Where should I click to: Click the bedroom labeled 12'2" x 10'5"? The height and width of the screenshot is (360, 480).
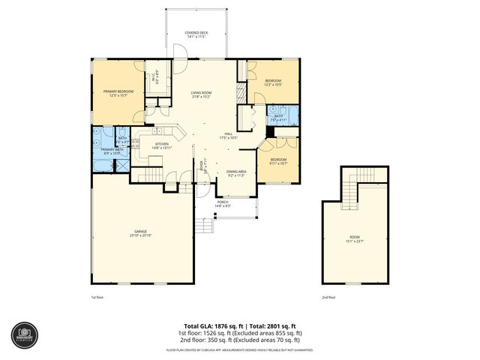tap(273, 82)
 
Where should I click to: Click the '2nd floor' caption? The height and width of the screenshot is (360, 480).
tap(329, 298)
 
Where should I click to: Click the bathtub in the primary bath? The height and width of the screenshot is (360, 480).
tap(98, 160)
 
